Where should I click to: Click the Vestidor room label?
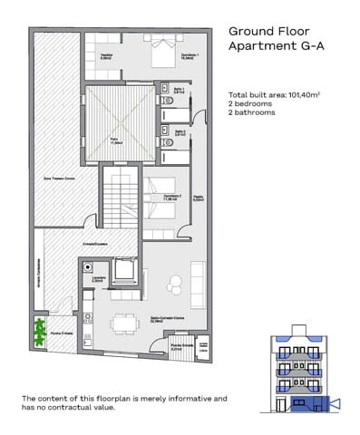click(x=105, y=57)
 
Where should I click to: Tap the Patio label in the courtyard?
click(x=116, y=142)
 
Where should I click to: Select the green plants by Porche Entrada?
click(x=39, y=331)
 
